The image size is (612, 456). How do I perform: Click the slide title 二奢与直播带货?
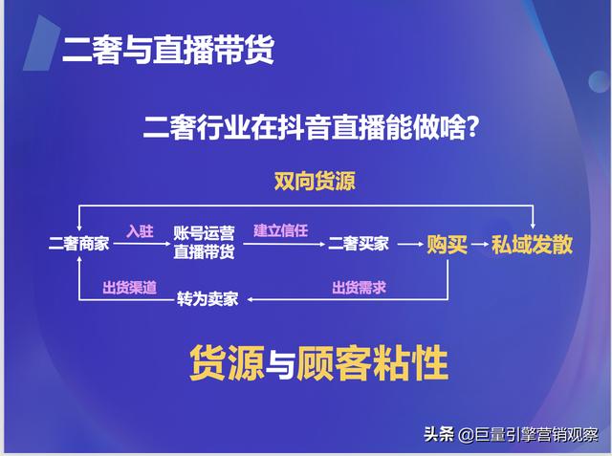(x=168, y=50)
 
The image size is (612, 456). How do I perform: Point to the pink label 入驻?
(x=140, y=230)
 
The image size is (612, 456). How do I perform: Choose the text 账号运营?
(x=205, y=234)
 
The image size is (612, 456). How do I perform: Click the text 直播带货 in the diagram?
(x=205, y=252)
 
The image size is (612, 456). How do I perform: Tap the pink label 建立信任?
(x=280, y=230)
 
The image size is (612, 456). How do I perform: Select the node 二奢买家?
(x=359, y=244)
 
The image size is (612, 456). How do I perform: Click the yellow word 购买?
(x=448, y=244)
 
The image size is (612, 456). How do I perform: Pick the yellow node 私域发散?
(x=533, y=244)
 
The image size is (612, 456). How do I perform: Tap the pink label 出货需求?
(x=359, y=288)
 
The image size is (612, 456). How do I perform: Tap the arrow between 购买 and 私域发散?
(x=480, y=245)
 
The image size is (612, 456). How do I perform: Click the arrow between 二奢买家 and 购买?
(x=409, y=245)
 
